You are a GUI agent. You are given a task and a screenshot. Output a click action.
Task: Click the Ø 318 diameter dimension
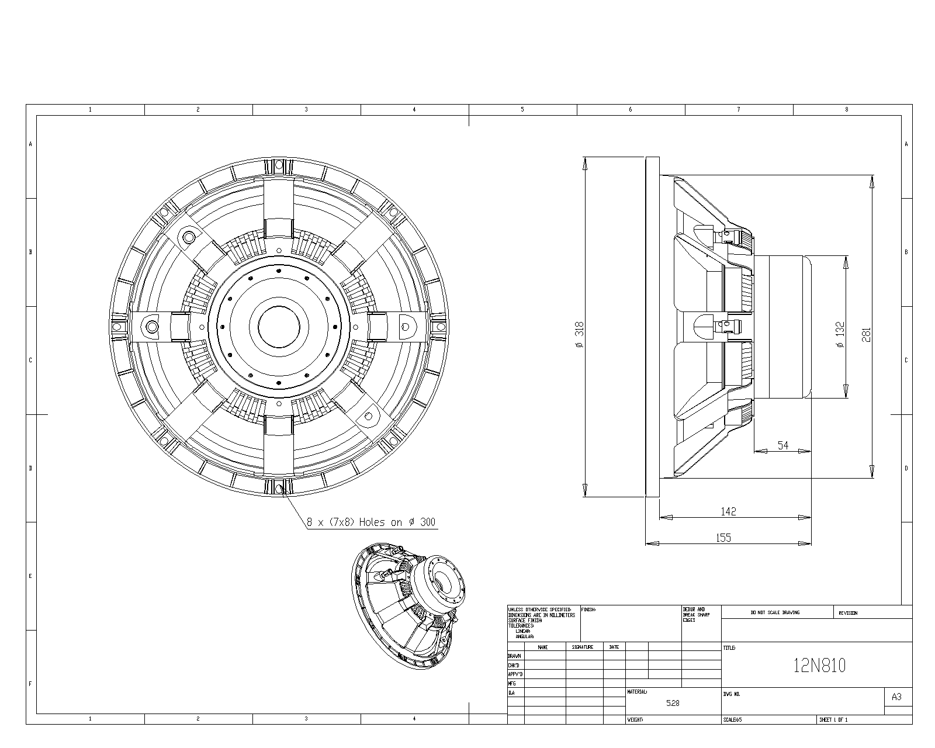[x=579, y=335]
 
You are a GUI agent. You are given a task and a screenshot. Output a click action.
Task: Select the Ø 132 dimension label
[x=840, y=335]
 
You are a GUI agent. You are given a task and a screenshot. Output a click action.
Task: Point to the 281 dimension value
[x=867, y=334]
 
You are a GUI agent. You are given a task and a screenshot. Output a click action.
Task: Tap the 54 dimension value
[x=783, y=445]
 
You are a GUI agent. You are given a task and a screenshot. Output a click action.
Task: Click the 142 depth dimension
[x=728, y=511]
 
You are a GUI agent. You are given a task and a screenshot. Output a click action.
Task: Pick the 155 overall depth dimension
[x=723, y=538]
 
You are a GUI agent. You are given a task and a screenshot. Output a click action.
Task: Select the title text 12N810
[x=819, y=666]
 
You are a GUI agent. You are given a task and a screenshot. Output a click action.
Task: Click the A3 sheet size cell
[x=896, y=697]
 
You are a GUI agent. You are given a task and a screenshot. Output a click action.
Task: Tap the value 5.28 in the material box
[x=673, y=703]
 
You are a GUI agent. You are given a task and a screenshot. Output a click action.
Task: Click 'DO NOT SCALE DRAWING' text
[x=775, y=612]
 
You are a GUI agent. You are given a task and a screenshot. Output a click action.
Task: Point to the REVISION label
[x=847, y=612]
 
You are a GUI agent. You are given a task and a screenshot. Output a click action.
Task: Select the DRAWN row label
[x=514, y=656]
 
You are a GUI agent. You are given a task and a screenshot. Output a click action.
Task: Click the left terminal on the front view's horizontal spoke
[x=151, y=325]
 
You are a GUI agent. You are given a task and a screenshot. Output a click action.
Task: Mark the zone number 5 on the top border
[x=522, y=109]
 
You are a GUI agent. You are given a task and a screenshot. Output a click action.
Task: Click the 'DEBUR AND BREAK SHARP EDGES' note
[x=695, y=614]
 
